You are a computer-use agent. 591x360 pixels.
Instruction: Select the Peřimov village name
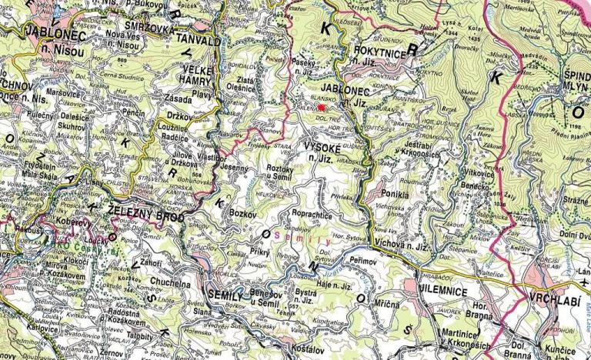click(363, 262)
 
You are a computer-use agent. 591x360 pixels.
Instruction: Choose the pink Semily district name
click(289, 228)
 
